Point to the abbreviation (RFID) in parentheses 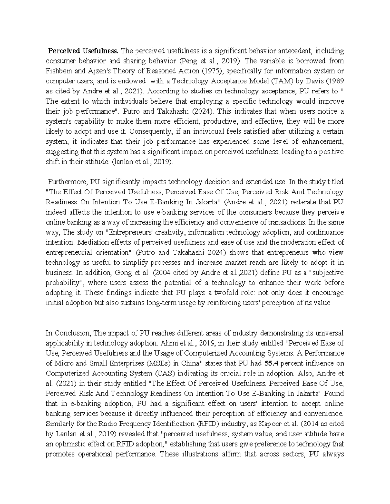pos(200,424)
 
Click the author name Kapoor pos(283,424)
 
